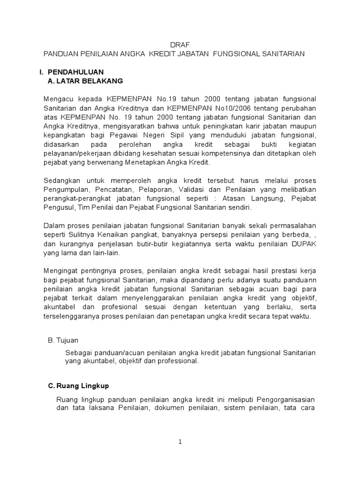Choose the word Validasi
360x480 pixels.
[x=209, y=189]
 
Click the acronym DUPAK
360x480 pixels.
[x=303, y=243]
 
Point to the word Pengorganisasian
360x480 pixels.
[x=282, y=399]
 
